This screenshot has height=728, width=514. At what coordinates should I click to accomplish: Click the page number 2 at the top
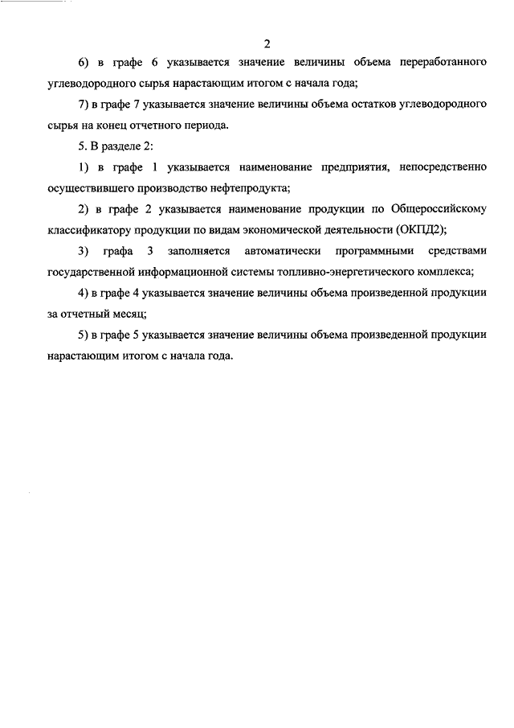[267, 43]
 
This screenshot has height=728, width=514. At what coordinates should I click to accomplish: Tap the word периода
[206, 125]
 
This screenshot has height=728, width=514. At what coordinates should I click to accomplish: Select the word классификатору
[88, 229]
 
